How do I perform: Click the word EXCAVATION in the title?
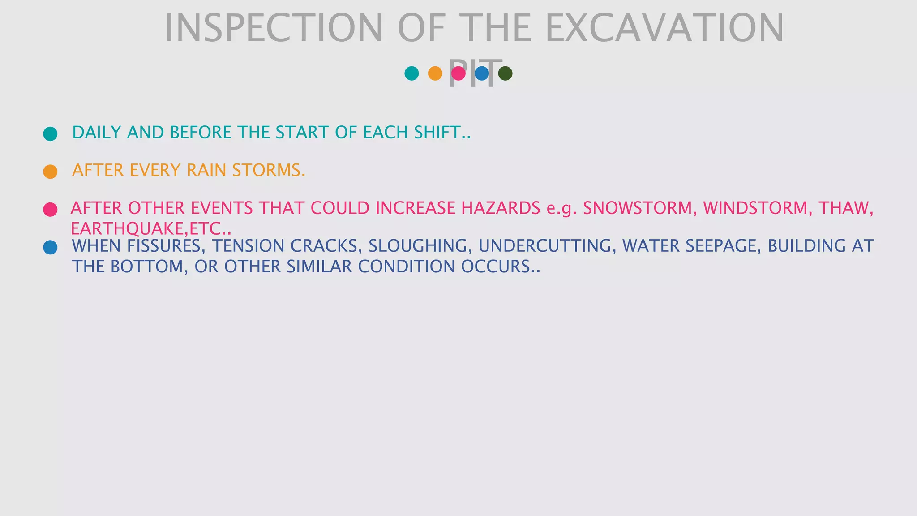coord(664,28)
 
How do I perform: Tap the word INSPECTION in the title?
coord(274,28)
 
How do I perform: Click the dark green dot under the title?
coord(505,73)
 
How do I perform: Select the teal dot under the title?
coord(411,73)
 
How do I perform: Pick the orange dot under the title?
coord(435,73)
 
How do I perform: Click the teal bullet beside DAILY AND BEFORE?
coord(50,134)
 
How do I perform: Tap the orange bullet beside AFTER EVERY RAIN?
coord(50,172)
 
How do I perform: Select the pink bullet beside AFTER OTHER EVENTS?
coord(50,210)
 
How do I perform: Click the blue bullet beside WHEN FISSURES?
coord(50,247)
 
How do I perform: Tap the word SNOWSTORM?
coord(639,208)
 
